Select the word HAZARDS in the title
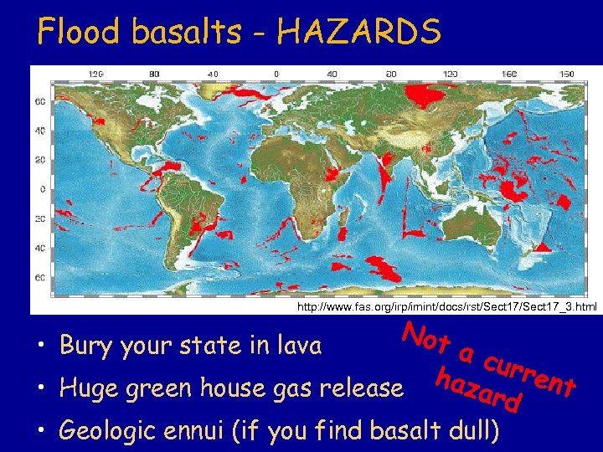tap(359, 32)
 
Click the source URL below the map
tap(447, 307)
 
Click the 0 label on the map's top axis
tap(277, 74)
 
